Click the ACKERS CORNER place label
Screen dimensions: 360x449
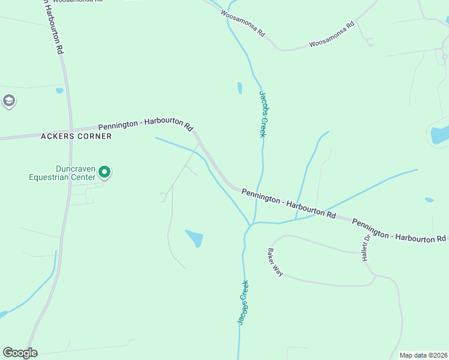pos(76,136)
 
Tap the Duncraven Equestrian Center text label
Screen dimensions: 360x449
pos(62,173)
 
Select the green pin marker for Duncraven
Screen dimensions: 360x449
pos(104,173)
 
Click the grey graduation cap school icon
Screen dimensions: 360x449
pos(8,101)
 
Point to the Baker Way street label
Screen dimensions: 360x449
pos(275,262)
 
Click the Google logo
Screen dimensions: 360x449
pos(20,353)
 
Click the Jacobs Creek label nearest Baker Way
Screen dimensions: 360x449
pos(243,303)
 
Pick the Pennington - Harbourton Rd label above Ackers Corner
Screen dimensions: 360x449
pos(146,127)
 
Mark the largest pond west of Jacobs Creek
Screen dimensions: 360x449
pos(194,238)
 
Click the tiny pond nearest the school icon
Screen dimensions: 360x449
pos(59,91)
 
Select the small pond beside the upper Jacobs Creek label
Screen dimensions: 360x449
pos(240,88)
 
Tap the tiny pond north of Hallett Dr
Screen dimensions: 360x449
pos(429,200)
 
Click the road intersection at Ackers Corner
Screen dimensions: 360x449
pos(71,130)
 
